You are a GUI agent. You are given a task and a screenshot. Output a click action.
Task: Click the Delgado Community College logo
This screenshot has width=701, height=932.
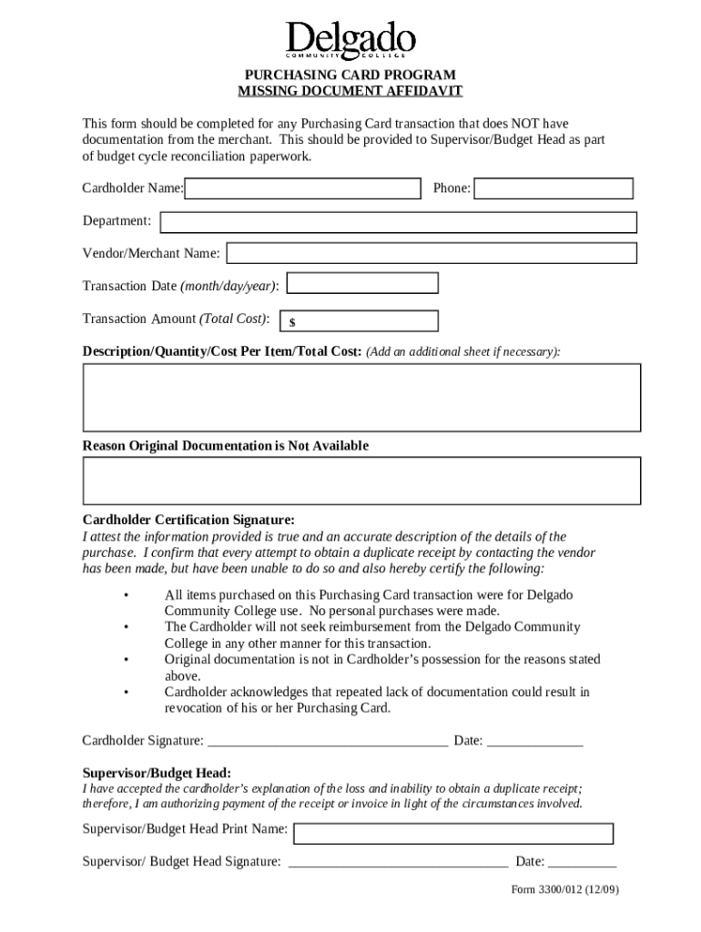coord(350,41)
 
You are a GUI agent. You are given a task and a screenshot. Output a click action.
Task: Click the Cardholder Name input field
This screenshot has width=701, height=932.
coord(303,188)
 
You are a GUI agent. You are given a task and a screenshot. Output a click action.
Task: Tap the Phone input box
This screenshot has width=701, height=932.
coord(554,188)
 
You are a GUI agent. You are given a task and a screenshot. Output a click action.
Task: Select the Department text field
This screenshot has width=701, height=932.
coord(399,221)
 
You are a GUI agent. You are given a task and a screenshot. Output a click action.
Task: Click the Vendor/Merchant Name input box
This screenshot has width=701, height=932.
coord(432,253)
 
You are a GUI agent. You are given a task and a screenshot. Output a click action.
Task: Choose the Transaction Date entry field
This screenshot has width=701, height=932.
coord(362,285)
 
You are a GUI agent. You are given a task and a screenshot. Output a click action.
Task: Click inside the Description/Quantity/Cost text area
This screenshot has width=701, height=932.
coord(361,397)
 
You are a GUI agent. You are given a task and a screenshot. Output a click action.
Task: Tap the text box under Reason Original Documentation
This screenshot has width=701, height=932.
coord(361,480)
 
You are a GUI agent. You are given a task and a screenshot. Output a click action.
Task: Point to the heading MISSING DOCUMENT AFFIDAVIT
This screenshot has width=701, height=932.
coord(350,91)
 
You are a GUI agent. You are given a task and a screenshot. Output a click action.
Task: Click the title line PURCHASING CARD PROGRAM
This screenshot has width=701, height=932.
coord(350,75)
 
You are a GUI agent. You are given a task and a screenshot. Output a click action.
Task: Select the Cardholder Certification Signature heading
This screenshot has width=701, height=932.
coord(188,520)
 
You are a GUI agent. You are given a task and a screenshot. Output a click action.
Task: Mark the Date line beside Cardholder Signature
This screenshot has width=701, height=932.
coord(534,742)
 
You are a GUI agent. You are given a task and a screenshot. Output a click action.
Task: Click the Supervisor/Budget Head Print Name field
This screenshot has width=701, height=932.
coord(453,833)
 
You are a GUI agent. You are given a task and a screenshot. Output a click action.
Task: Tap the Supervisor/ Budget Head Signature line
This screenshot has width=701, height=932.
coord(398,863)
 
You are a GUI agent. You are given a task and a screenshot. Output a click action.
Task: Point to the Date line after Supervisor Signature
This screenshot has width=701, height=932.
coord(582,863)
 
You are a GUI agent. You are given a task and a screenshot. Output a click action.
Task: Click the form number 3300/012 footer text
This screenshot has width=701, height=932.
coord(564,889)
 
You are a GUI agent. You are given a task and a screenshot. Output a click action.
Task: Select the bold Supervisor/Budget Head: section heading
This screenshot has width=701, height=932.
coord(157,772)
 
